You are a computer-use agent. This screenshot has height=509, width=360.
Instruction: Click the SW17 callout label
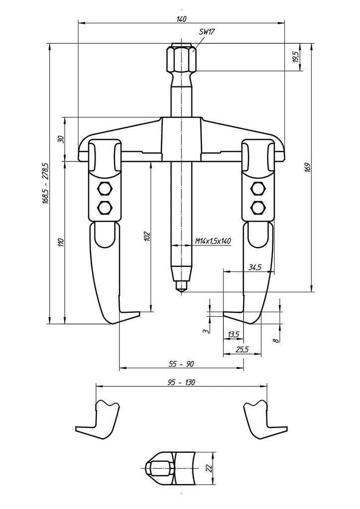pyautogui.click(x=208, y=31)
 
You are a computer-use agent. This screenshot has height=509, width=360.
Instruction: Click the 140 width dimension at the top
pyautogui.click(x=181, y=19)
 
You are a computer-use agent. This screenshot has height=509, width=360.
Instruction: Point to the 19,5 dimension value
pyautogui.click(x=296, y=57)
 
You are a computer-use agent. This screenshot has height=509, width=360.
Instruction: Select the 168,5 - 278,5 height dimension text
pyautogui.click(x=45, y=183)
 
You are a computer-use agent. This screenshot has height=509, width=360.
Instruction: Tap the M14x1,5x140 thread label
pyautogui.click(x=213, y=241)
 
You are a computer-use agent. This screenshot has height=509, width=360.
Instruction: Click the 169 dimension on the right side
pyautogui.click(x=308, y=167)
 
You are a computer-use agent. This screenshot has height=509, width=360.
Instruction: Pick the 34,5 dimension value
pyautogui.click(x=255, y=267)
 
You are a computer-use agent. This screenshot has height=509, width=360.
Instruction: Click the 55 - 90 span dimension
pyautogui.click(x=181, y=364)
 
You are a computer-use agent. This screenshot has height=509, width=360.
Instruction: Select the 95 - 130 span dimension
pyautogui.click(x=181, y=382)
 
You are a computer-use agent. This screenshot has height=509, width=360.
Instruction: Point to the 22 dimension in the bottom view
pyautogui.click(x=209, y=468)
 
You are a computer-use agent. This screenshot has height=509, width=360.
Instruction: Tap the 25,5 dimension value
pyautogui.click(x=242, y=349)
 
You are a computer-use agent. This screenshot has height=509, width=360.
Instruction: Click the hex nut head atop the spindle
pyautogui.click(x=181, y=60)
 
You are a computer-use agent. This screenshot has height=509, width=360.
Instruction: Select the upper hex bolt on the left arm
pyautogui.click(x=104, y=188)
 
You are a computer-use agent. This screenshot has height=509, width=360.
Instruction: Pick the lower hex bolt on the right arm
pyautogui.click(x=258, y=207)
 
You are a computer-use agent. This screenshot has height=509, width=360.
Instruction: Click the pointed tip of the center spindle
pyautogui.click(x=181, y=291)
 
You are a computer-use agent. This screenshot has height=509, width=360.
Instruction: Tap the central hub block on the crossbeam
pyautogui.click(x=181, y=139)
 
